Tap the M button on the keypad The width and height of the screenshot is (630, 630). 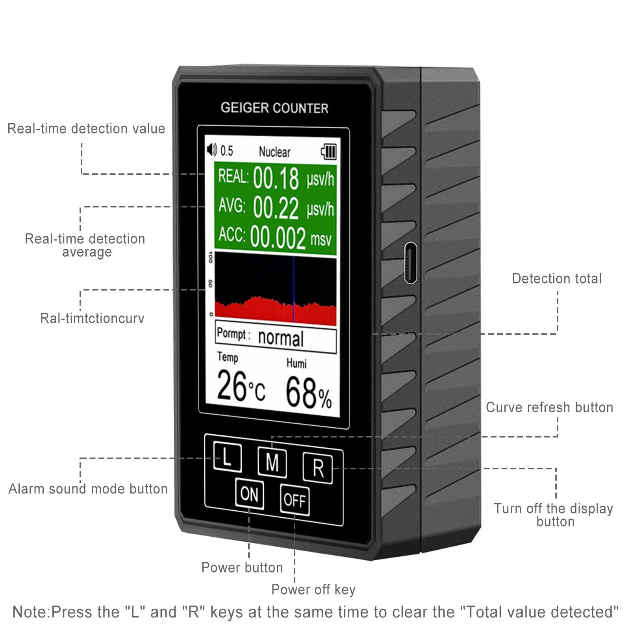pos(272,462)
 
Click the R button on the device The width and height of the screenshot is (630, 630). pos(318,468)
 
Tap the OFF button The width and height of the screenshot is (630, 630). pos(295,500)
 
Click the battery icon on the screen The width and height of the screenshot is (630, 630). pos(329,152)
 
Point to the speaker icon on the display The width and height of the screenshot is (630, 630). pos(211,150)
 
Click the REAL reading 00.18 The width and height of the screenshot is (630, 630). pos(276,178)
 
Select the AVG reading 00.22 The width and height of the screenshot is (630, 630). pos(276,208)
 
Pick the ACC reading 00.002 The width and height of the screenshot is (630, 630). pos(278,237)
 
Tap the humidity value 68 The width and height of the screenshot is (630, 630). pos(301,392)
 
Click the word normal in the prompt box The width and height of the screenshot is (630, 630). pos(281,338)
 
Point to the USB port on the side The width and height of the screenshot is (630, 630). pos(410,263)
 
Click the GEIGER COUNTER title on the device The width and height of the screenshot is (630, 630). pos(274,108)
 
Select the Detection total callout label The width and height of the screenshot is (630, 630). pos(557,279)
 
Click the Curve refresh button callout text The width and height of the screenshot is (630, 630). pos(549,407)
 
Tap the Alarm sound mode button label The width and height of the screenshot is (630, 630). pos(88,489)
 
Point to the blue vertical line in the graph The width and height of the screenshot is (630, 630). pos(294,289)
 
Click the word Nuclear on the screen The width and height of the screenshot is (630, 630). pos(274,152)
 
